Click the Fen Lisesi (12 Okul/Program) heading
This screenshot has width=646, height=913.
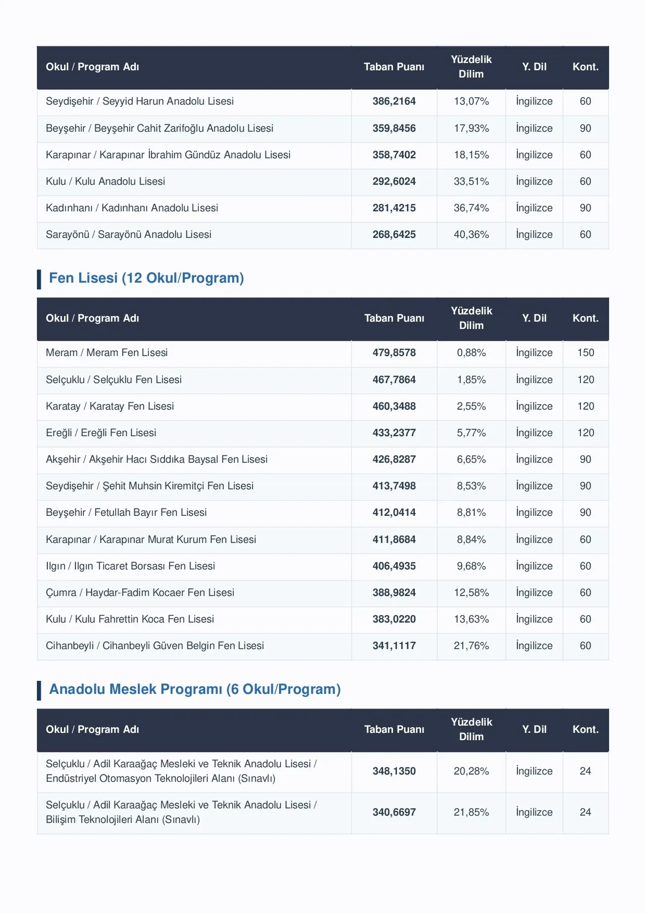pyautogui.click(x=146, y=278)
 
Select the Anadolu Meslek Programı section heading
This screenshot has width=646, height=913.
pyautogui.click(x=195, y=689)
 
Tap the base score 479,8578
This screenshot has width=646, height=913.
pyautogui.click(x=394, y=353)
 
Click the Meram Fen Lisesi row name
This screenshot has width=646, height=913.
pyautogui.click(x=106, y=353)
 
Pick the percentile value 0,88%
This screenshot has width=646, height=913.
pyautogui.click(x=471, y=353)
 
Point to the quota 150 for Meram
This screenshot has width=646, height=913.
pyautogui.click(x=585, y=353)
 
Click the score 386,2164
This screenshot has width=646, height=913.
pyautogui.click(x=394, y=101)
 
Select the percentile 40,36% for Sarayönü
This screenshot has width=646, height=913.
pyautogui.click(x=471, y=235)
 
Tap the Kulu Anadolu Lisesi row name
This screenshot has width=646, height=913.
pyautogui.click(x=105, y=182)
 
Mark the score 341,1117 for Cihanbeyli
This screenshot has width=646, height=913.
pyautogui.click(x=394, y=646)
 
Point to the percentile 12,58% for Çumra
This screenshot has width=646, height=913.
pyautogui.click(x=471, y=593)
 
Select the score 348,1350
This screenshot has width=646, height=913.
pyautogui.click(x=394, y=771)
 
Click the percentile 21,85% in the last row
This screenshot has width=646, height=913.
pyautogui.click(x=471, y=813)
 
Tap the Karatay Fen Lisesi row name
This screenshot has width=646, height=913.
pyautogui.click(x=110, y=406)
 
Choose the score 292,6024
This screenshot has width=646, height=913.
pyautogui.click(x=394, y=182)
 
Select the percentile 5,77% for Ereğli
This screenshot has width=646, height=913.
pyautogui.click(x=471, y=433)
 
